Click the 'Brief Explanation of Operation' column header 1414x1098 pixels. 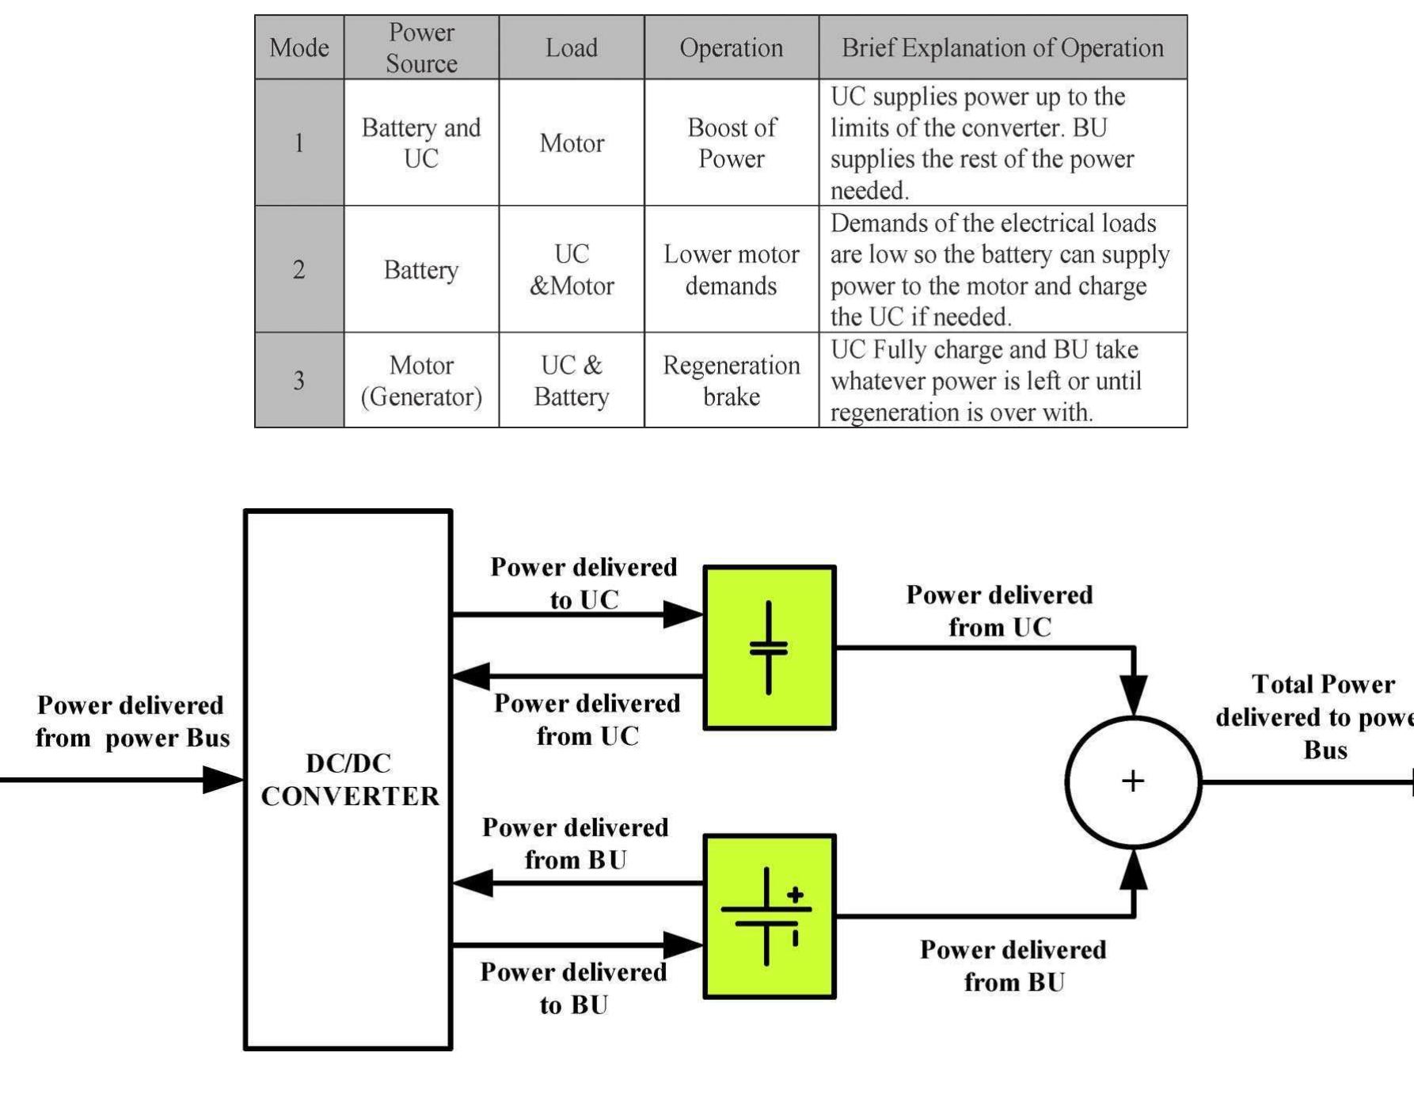[1002, 47]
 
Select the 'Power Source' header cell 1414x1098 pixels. [421, 47]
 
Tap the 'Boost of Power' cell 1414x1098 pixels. [731, 143]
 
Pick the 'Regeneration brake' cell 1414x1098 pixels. [731, 381]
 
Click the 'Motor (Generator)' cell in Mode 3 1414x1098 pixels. [421, 381]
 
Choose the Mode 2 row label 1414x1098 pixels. [298, 270]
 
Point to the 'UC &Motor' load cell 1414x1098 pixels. [571, 270]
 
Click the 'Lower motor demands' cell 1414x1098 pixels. [731, 270]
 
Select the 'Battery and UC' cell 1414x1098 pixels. [421, 143]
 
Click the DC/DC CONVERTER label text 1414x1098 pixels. [349, 780]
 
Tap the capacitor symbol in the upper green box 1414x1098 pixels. [769, 648]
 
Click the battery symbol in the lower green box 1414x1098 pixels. [766, 916]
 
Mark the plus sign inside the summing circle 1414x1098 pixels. [1133, 781]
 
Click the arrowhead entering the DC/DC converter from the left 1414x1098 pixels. [222, 780]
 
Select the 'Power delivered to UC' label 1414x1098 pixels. [584, 583]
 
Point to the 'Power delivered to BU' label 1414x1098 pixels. [574, 988]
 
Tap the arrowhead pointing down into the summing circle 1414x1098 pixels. [1134, 695]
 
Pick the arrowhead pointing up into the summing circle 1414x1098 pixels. [1134, 869]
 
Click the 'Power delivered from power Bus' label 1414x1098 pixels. [131, 721]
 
